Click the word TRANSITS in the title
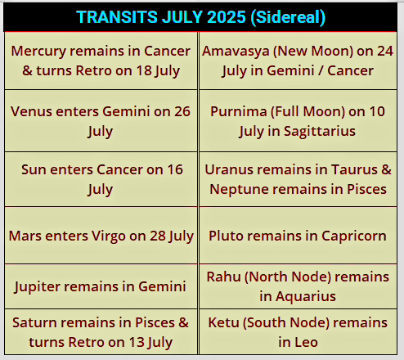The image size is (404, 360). [x=117, y=17]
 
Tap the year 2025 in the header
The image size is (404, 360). [x=227, y=17]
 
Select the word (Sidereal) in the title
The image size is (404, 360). [x=288, y=17]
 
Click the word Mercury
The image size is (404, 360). [x=38, y=52]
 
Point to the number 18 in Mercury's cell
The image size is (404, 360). [x=144, y=70]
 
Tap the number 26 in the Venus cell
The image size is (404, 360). [x=182, y=111]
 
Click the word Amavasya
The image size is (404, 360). [x=236, y=52]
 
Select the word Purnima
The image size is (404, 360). [x=238, y=111]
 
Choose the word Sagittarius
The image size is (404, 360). [x=320, y=132]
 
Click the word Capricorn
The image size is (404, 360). [x=354, y=236]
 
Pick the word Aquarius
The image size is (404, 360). [x=306, y=297]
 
